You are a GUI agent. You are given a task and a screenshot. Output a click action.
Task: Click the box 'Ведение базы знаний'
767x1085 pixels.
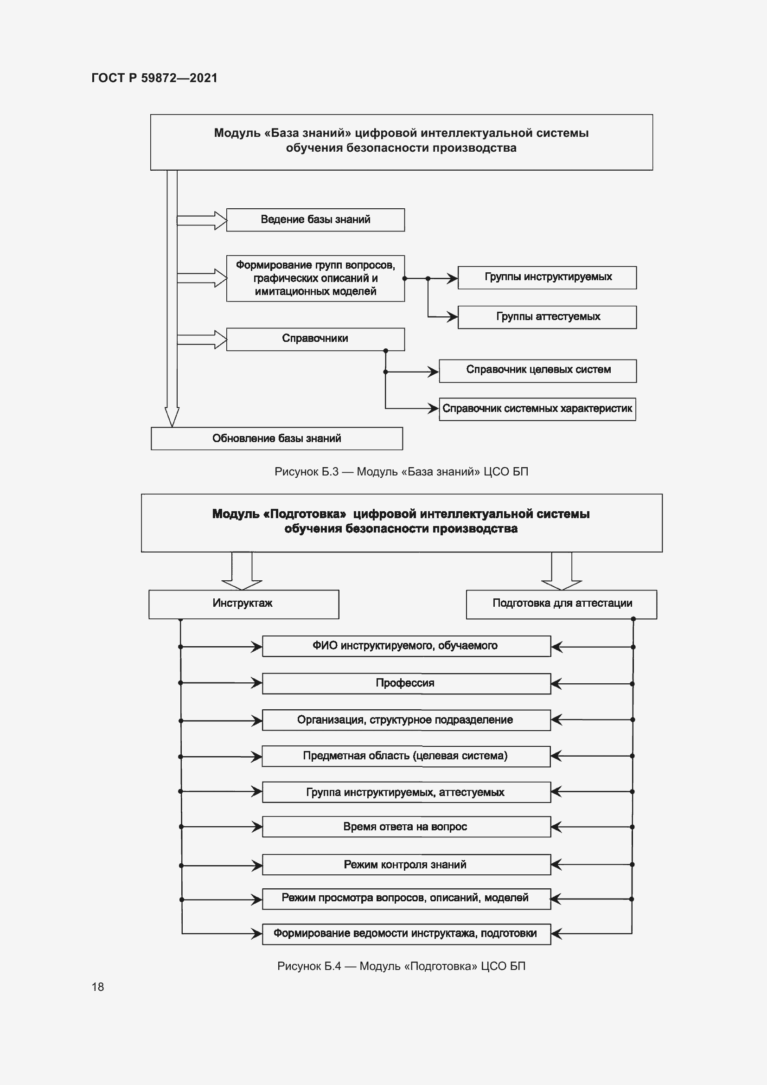click(x=315, y=220)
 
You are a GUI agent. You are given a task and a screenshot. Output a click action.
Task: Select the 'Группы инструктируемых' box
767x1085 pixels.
click(x=547, y=277)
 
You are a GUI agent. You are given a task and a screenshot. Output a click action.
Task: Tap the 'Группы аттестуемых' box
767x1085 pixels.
click(x=547, y=317)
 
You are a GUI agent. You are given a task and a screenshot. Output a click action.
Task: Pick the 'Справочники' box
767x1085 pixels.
click(x=315, y=339)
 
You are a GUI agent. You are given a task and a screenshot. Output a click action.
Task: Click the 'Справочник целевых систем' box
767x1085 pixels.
click(x=537, y=371)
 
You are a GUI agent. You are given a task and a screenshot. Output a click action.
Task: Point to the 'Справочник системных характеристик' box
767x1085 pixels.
click(x=537, y=409)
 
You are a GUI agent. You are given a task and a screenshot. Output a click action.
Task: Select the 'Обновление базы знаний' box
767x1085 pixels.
click(x=277, y=438)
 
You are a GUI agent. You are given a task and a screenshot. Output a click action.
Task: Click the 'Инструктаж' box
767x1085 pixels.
click(x=244, y=604)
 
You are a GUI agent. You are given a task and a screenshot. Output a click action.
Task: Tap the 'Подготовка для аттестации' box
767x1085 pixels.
click(x=561, y=604)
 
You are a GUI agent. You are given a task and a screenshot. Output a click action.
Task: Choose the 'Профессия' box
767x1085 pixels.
click(x=406, y=683)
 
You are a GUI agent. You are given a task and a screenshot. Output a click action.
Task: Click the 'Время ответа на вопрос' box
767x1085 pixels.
click(x=406, y=827)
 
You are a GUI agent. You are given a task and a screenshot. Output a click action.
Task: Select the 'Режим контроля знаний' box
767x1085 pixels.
click(x=406, y=864)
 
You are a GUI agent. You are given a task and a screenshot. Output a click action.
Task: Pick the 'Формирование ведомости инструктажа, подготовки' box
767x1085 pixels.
click(x=406, y=934)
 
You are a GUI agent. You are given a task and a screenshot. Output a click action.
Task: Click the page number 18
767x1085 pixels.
click(x=98, y=987)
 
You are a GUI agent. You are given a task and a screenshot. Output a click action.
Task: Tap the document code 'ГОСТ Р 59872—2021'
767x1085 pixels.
click(x=154, y=78)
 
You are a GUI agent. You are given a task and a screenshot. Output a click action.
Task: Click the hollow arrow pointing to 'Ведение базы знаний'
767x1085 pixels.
click(x=202, y=220)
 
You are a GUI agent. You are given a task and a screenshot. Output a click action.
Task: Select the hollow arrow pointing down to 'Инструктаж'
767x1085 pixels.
click(x=242, y=572)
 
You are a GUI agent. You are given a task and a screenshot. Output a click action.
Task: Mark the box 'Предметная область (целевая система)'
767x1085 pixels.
click(x=406, y=756)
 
